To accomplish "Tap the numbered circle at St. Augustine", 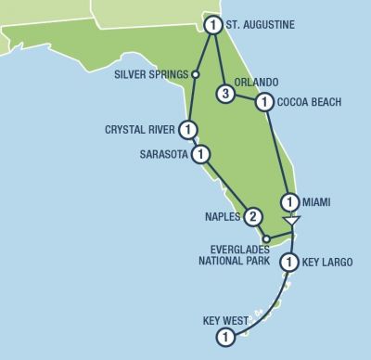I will tap(214, 24).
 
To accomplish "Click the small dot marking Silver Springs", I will tap(196, 74).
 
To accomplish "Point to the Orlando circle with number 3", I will tap(224, 93).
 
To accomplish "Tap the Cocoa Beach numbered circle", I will tap(265, 102).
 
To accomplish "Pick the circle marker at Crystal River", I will tap(188, 130).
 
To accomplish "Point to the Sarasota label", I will tap(163, 154).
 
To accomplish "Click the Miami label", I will tap(317, 201).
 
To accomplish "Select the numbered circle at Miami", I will tap(290, 201).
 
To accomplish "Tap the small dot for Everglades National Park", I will tap(266, 239).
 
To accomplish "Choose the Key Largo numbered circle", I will tap(290, 263).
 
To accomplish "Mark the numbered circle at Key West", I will tap(224, 337).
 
